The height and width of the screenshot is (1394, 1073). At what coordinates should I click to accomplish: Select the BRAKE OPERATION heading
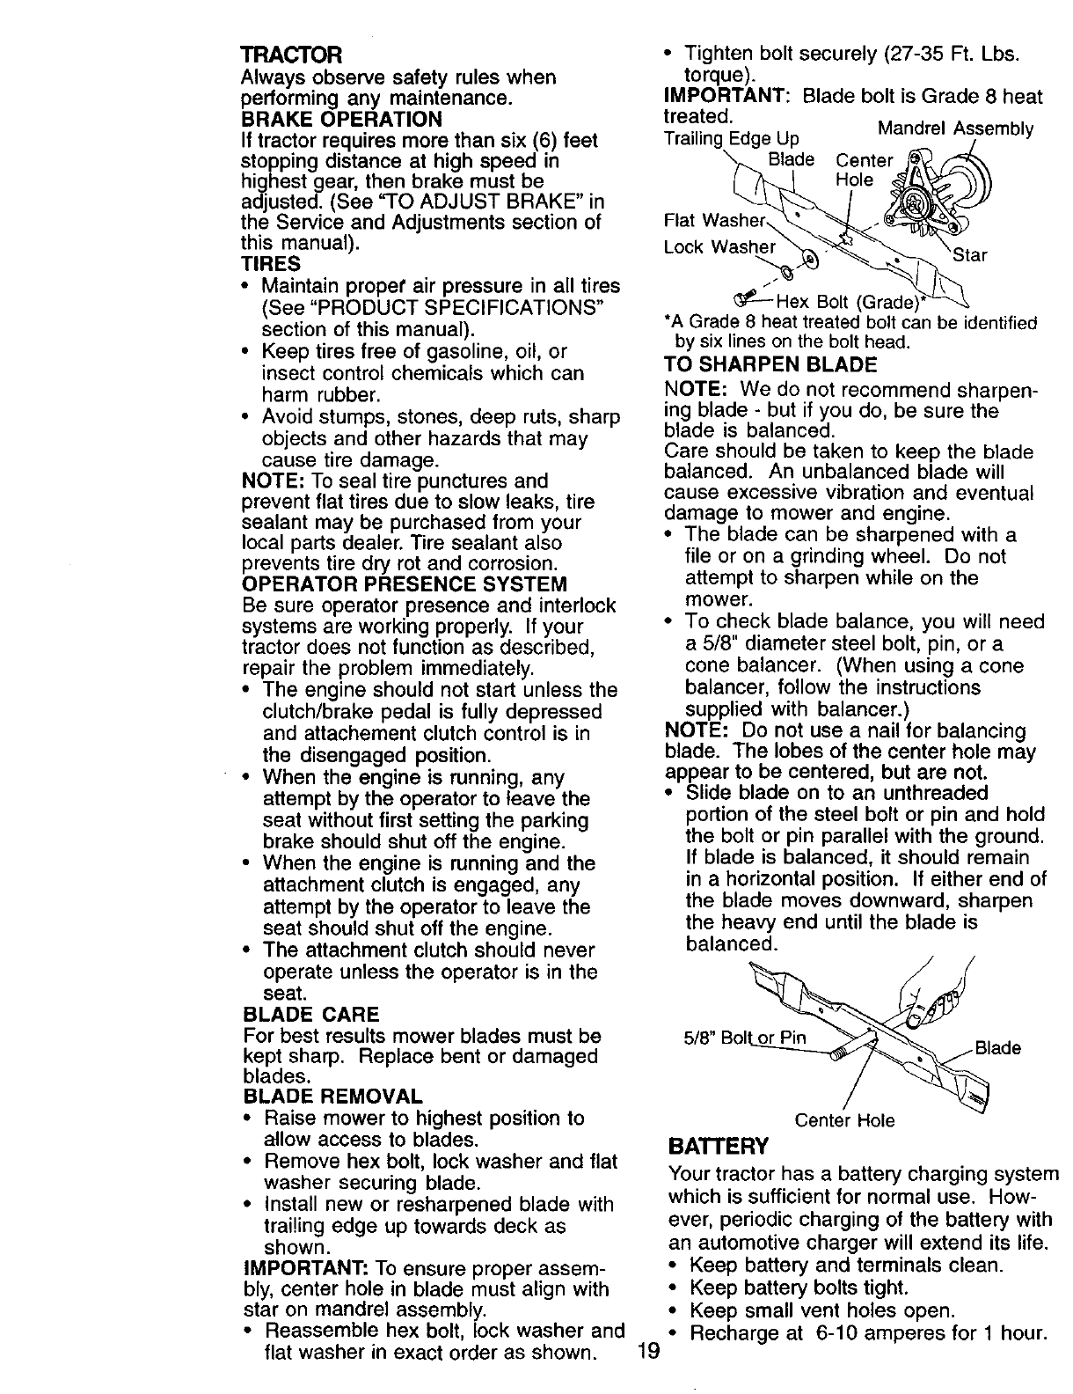point(340,119)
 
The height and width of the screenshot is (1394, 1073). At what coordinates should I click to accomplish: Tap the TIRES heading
point(270,264)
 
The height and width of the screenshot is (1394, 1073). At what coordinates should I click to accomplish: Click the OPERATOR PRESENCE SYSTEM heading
point(404,584)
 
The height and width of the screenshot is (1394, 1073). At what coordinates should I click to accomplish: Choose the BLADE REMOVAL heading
point(332,1097)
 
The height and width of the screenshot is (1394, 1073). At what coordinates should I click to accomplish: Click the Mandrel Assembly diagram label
point(956,129)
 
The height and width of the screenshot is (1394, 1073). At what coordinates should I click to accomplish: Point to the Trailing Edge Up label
point(719,139)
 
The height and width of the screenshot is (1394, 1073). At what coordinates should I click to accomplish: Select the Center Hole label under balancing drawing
point(844,1120)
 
